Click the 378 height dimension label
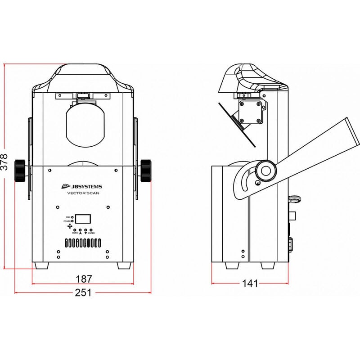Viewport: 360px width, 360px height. pos(4,161)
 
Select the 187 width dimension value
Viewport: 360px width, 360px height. pos(84,279)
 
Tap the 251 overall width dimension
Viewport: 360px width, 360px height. pos(83,292)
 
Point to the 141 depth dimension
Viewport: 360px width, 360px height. pos(250,283)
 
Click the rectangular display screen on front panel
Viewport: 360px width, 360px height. pos(83,219)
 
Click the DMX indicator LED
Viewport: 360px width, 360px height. pos(72,217)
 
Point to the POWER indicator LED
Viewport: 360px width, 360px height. pos(72,221)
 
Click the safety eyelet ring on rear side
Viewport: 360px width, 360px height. pos(294,198)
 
